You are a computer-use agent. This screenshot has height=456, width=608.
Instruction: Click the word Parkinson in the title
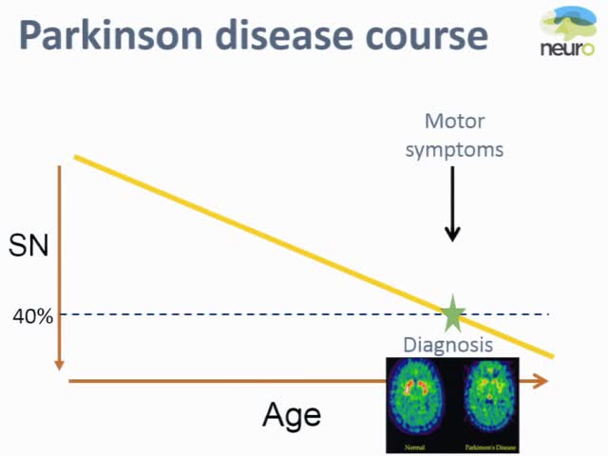pyautogui.click(x=109, y=36)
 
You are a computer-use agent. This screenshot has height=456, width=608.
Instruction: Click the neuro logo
pyautogui.click(x=571, y=32)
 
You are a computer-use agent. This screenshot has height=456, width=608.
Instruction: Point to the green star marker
pyautogui.click(x=452, y=313)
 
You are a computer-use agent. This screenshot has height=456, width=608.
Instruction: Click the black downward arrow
pyautogui.click(x=452, y=204)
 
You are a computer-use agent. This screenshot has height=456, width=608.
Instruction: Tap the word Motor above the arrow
pyautogui.click(x=454, y=122)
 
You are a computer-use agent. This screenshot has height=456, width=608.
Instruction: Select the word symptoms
pyautogui.click(x=454, y=149)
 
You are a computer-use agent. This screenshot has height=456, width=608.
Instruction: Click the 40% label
pyautogui.click(x=32, y=315)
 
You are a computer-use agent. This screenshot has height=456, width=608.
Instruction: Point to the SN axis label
pyautogui.click(x=28, y=247)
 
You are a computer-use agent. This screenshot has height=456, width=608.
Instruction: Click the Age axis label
pyautogui.click(x=292, y=415)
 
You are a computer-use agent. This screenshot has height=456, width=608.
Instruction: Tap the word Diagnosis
pyautogui.click(x=448, y=344)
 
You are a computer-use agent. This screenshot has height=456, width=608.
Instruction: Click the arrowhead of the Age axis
pyautogui.click(x=541, y=381)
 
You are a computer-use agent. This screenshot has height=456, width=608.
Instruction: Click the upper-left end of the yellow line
pyautogui.click(x=76, y=156)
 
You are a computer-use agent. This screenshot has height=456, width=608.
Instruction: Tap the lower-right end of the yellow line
pyautogui.click(x=551, y=356)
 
